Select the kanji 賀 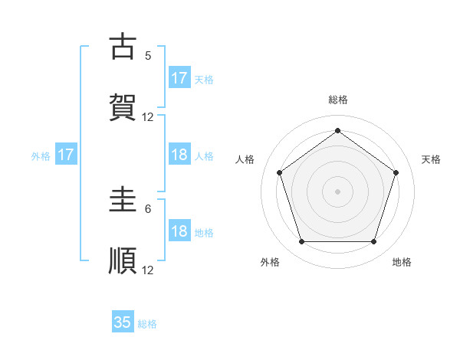(123, 107)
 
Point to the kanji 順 (123, 260)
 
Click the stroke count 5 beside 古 (148, 55)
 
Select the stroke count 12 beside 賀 (148, 116)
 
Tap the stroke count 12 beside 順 (148, 270)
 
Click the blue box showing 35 (123, 322)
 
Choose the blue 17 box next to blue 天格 (179, 78)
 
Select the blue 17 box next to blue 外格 (66, 155)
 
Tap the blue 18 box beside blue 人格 (179, 155)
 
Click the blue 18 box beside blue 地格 (179, 231)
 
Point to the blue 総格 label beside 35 (147, 324)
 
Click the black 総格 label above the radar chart (338, 100)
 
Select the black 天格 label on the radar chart (432, 159)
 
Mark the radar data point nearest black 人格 (279, 172)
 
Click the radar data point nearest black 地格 (373, 242)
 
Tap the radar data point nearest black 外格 (301, 242)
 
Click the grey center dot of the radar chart (337, 191)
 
